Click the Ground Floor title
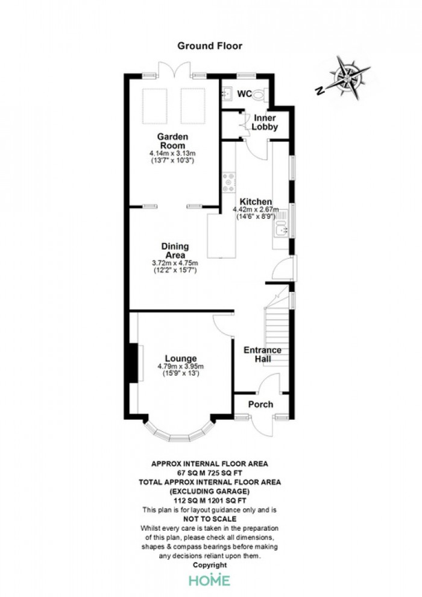point(209,45)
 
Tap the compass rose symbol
point(347,77)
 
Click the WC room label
point(244,93)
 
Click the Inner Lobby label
point(265,122)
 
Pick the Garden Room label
point(173,141)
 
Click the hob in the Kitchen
point(230,181)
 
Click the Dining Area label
point(175,251)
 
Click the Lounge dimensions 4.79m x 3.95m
point(181,366)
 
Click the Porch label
point(260,404)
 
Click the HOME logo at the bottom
point(209,580)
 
